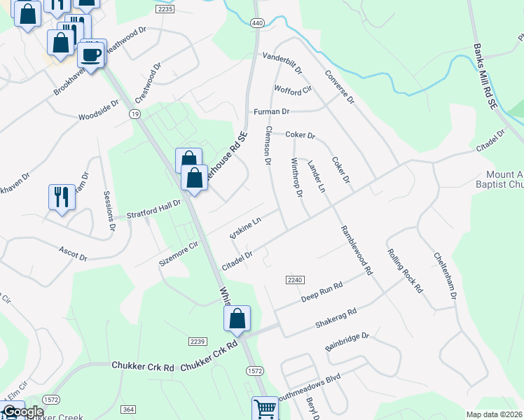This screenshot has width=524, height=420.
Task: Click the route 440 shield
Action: pyautogui.click(x=257, y=23)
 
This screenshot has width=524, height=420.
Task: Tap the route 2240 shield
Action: pyautogui.click(x=294, y=280)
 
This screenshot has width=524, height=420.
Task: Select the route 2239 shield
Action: pyautogui.click(x=197, y=341)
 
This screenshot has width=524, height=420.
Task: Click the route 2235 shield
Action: pyautogui.click(x=165, y=9)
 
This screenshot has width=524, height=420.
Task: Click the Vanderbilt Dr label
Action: pyautogui.click(x=282, y=63)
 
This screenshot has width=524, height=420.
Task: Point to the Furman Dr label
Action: pyautogui.click(x=271, y=111)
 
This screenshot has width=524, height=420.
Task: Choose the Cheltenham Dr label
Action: pyautogui.click(x=445, y=276)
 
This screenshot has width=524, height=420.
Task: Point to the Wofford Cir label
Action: pyautogui.click(x=293, y=90)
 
